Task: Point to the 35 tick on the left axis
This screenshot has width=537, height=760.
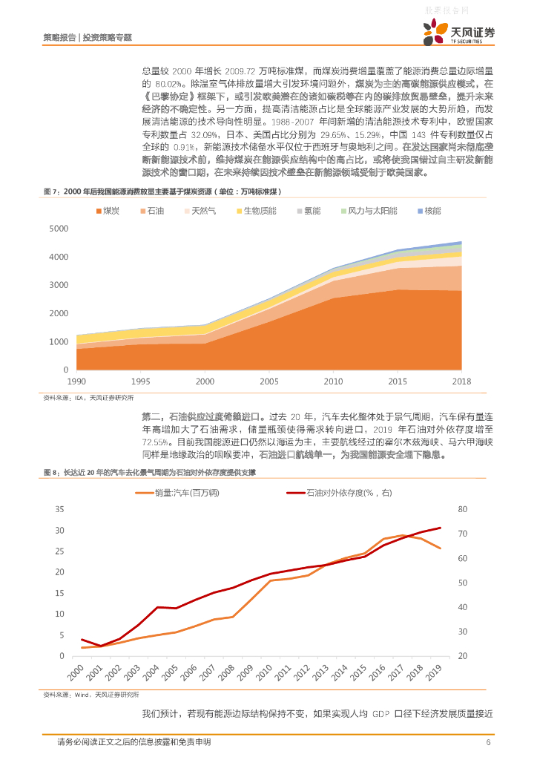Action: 60,509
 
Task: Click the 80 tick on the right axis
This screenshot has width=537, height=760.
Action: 463,509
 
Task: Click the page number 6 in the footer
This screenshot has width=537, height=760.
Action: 488,742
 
